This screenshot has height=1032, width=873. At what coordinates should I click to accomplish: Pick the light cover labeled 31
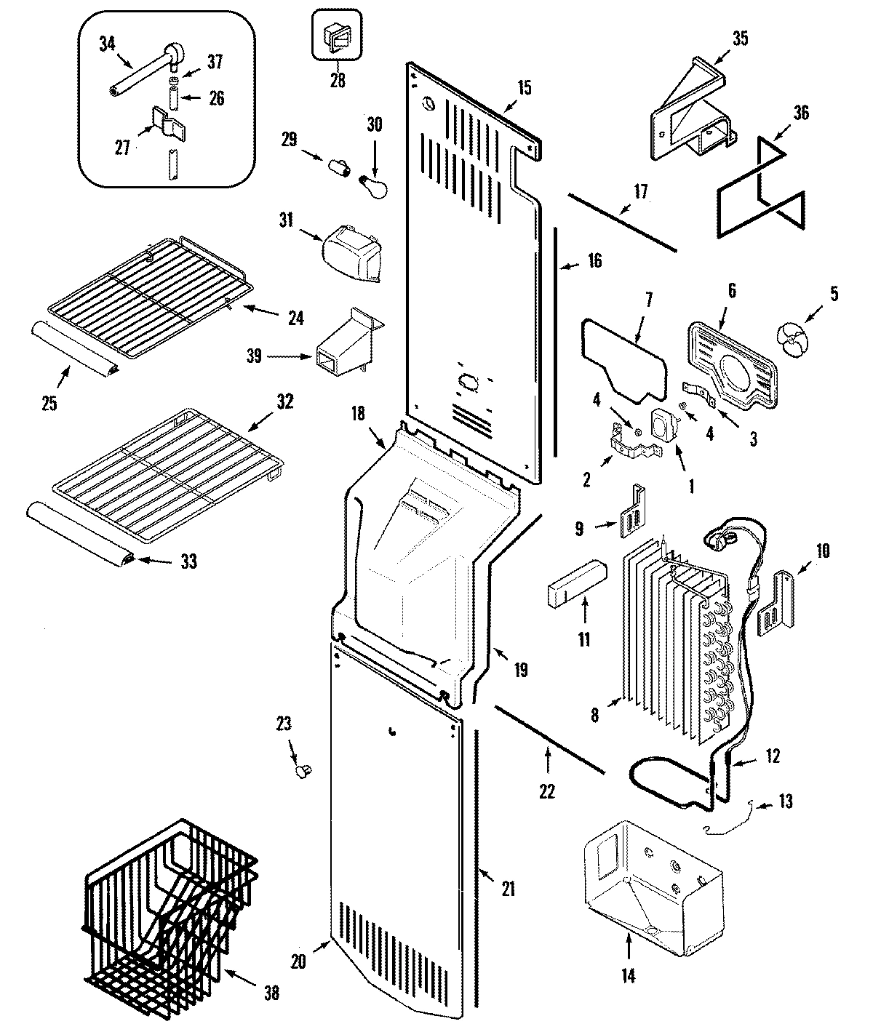[352, 252]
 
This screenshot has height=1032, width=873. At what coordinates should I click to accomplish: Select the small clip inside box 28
[337, 36]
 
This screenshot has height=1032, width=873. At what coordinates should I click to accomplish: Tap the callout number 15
[524, 88]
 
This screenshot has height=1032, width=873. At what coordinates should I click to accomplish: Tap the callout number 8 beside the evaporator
[595, 715]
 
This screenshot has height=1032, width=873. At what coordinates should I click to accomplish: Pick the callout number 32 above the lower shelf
[284, 401]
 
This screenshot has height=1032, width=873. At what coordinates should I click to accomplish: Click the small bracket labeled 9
[631, 514]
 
